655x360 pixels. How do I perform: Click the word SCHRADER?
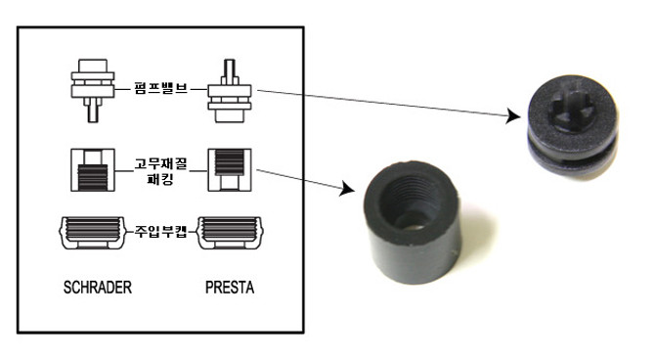(x=98, y=288)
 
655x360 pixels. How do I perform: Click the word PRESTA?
(x=230, y=288)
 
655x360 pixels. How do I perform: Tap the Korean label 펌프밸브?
(x=161, y=88)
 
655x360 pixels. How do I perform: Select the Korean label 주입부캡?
(x=161, y=231)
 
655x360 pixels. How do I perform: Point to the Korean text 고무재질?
(x=161, y=163)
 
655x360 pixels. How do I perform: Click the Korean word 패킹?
(x=161, y=179)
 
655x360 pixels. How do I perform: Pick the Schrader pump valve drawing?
(x=93, y=91)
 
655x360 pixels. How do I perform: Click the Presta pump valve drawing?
(x=230, y=91)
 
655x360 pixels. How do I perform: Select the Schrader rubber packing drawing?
(x=93, y=170)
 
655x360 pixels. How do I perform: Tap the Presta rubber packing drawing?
(x=230, y=170)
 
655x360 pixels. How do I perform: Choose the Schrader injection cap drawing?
(x=93, y=233)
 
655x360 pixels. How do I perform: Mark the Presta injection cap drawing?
(x=230, y=233)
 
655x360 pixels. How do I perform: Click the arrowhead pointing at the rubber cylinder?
(x=347, y=189)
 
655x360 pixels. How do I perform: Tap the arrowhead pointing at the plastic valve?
(x=513, y=115)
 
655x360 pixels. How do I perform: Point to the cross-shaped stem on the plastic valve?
(x=572, y=107)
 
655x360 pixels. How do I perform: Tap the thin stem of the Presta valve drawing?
(x=230, y=69)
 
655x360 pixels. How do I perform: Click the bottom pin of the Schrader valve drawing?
(x=93, y=112)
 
